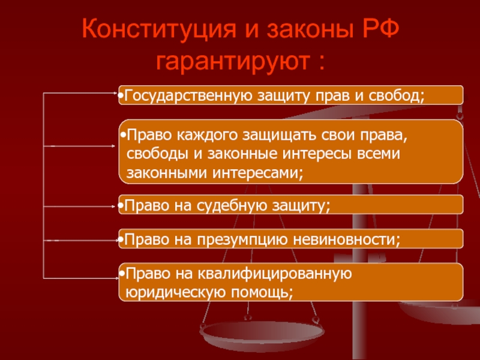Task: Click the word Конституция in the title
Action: (159, 29)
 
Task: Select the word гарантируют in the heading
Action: (233, 62)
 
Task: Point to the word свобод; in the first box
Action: (397, 95)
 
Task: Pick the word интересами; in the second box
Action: (257, 173)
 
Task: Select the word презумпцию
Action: (242, 239)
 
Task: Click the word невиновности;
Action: (347, 239)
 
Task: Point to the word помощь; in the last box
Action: (262, 292)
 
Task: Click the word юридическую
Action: (176, 292)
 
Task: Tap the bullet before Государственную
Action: (121, 96)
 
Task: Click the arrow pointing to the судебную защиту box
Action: (79, 206)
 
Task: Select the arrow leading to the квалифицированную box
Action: (81, 278)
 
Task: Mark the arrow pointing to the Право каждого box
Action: (79, 146)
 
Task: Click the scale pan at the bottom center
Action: (262, 333)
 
